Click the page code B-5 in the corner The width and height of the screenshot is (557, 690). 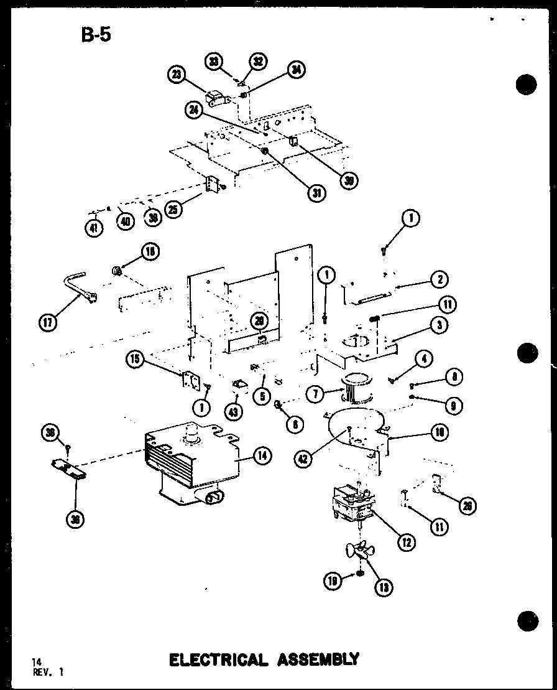point(96,34)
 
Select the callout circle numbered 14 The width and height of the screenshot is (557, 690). point(262,457)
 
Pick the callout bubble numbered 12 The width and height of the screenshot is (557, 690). point(407,542)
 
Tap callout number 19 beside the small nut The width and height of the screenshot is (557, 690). point(333,581)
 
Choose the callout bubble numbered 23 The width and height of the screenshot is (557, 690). point(177,75)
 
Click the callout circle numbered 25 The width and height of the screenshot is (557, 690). point(175,210)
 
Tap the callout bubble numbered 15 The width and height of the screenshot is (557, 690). point(134,358)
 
